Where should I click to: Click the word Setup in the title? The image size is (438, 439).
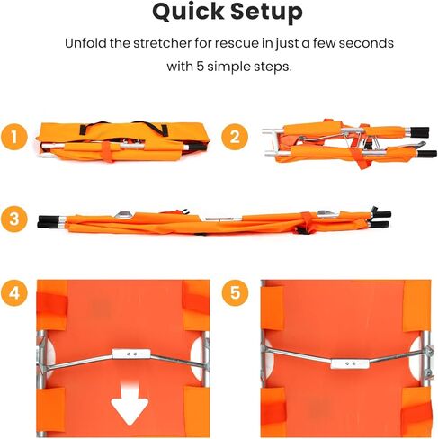pyautogui.click(x=263, y=13)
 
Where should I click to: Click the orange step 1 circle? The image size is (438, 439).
pyautogui.click(x=13, y=138)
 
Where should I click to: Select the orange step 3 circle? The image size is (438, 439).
pyautogui.click(x=13, y=219)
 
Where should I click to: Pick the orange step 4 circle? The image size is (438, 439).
pyautogui.click(x=13, y=291)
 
